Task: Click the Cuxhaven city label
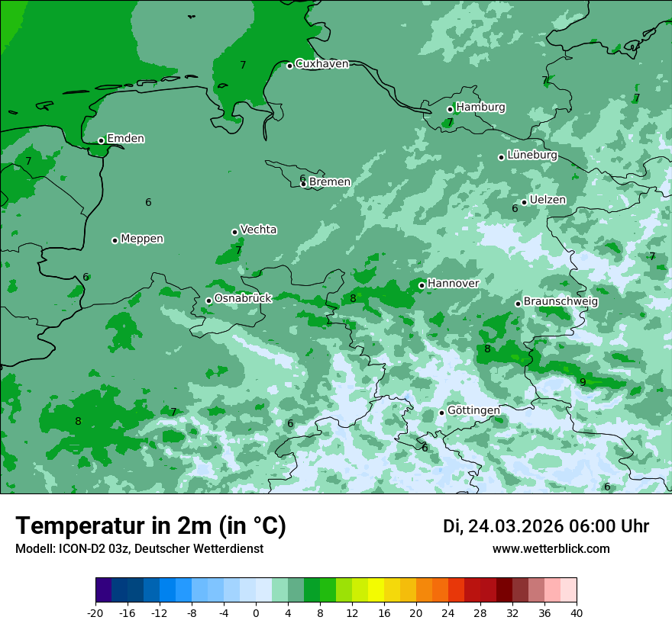pos(321,64)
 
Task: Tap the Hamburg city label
pos(480,108)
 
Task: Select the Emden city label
pos(125,139)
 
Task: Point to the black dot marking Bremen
pos(303,184)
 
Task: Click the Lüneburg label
pos(531,156)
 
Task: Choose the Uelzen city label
pos(548,201)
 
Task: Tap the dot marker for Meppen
pos(115,240)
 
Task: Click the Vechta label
pos(258,230)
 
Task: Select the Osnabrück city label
pos(243,299)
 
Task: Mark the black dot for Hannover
pos(422,285)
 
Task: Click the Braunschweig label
pos(561,302)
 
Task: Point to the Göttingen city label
pos(473,410)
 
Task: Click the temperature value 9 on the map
pos(583,382)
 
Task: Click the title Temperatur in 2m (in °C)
pos(150,526)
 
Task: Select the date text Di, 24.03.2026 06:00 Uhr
pos(546,526)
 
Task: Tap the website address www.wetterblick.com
pos(551,549)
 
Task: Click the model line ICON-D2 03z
pos(139,549)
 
